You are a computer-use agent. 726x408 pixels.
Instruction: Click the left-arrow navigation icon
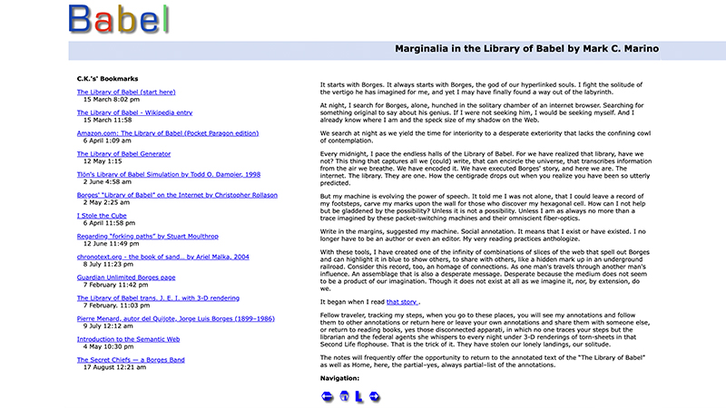328,396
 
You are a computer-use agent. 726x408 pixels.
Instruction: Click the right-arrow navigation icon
374,396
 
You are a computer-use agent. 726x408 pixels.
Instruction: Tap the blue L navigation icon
359,396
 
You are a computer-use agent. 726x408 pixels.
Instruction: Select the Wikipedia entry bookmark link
134,112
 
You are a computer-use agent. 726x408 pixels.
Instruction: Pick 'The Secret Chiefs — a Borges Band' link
135,359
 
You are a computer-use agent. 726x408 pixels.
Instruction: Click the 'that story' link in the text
402,301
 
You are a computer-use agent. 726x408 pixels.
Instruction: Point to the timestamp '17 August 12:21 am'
113,367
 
